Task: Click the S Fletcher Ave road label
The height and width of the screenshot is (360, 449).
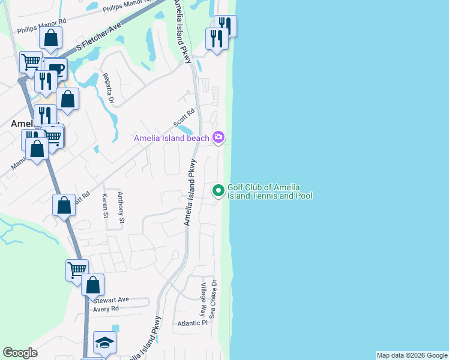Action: click(x=99, y=37)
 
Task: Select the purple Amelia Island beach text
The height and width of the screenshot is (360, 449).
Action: click(x=172, y=138)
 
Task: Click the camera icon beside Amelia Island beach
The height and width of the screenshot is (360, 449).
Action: click(x=218, y=137)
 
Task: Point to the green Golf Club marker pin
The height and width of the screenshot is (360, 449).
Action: click(x=218, y=191)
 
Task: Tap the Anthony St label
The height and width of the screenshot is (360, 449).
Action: click(x=121, y=208)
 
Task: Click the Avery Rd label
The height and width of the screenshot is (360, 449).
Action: click(x=106, y=308)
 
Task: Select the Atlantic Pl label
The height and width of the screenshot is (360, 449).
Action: click(x=191, y=323)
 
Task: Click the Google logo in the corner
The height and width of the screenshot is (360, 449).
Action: click(x=20, y=353)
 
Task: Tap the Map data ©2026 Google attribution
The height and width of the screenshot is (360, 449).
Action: click(x=412, y=355)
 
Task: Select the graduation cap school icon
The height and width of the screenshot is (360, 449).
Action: click(x=104, y=343)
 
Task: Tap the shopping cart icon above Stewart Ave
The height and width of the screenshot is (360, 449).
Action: click(x=77, y=270)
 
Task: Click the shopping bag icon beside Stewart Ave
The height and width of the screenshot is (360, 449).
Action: click(x=93, y=284)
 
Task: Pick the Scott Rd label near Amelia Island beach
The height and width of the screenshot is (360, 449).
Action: click(x=185, y=117)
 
